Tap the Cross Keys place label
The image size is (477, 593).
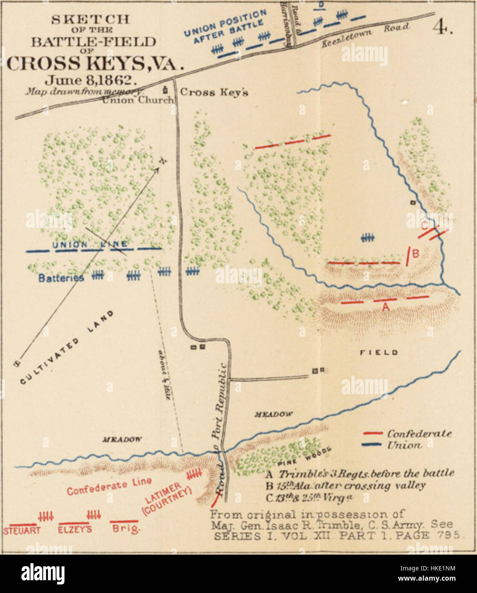(x=214, y=93)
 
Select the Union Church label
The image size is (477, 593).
(x=138, y=100)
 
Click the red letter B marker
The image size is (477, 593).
(x=416, y=254)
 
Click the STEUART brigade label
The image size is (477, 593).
(x=22, y=531)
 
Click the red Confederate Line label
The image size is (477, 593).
(x=109, y=486)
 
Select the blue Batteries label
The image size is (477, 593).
(x=61, y=278)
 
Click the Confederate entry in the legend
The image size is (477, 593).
(x=419, y=433)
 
